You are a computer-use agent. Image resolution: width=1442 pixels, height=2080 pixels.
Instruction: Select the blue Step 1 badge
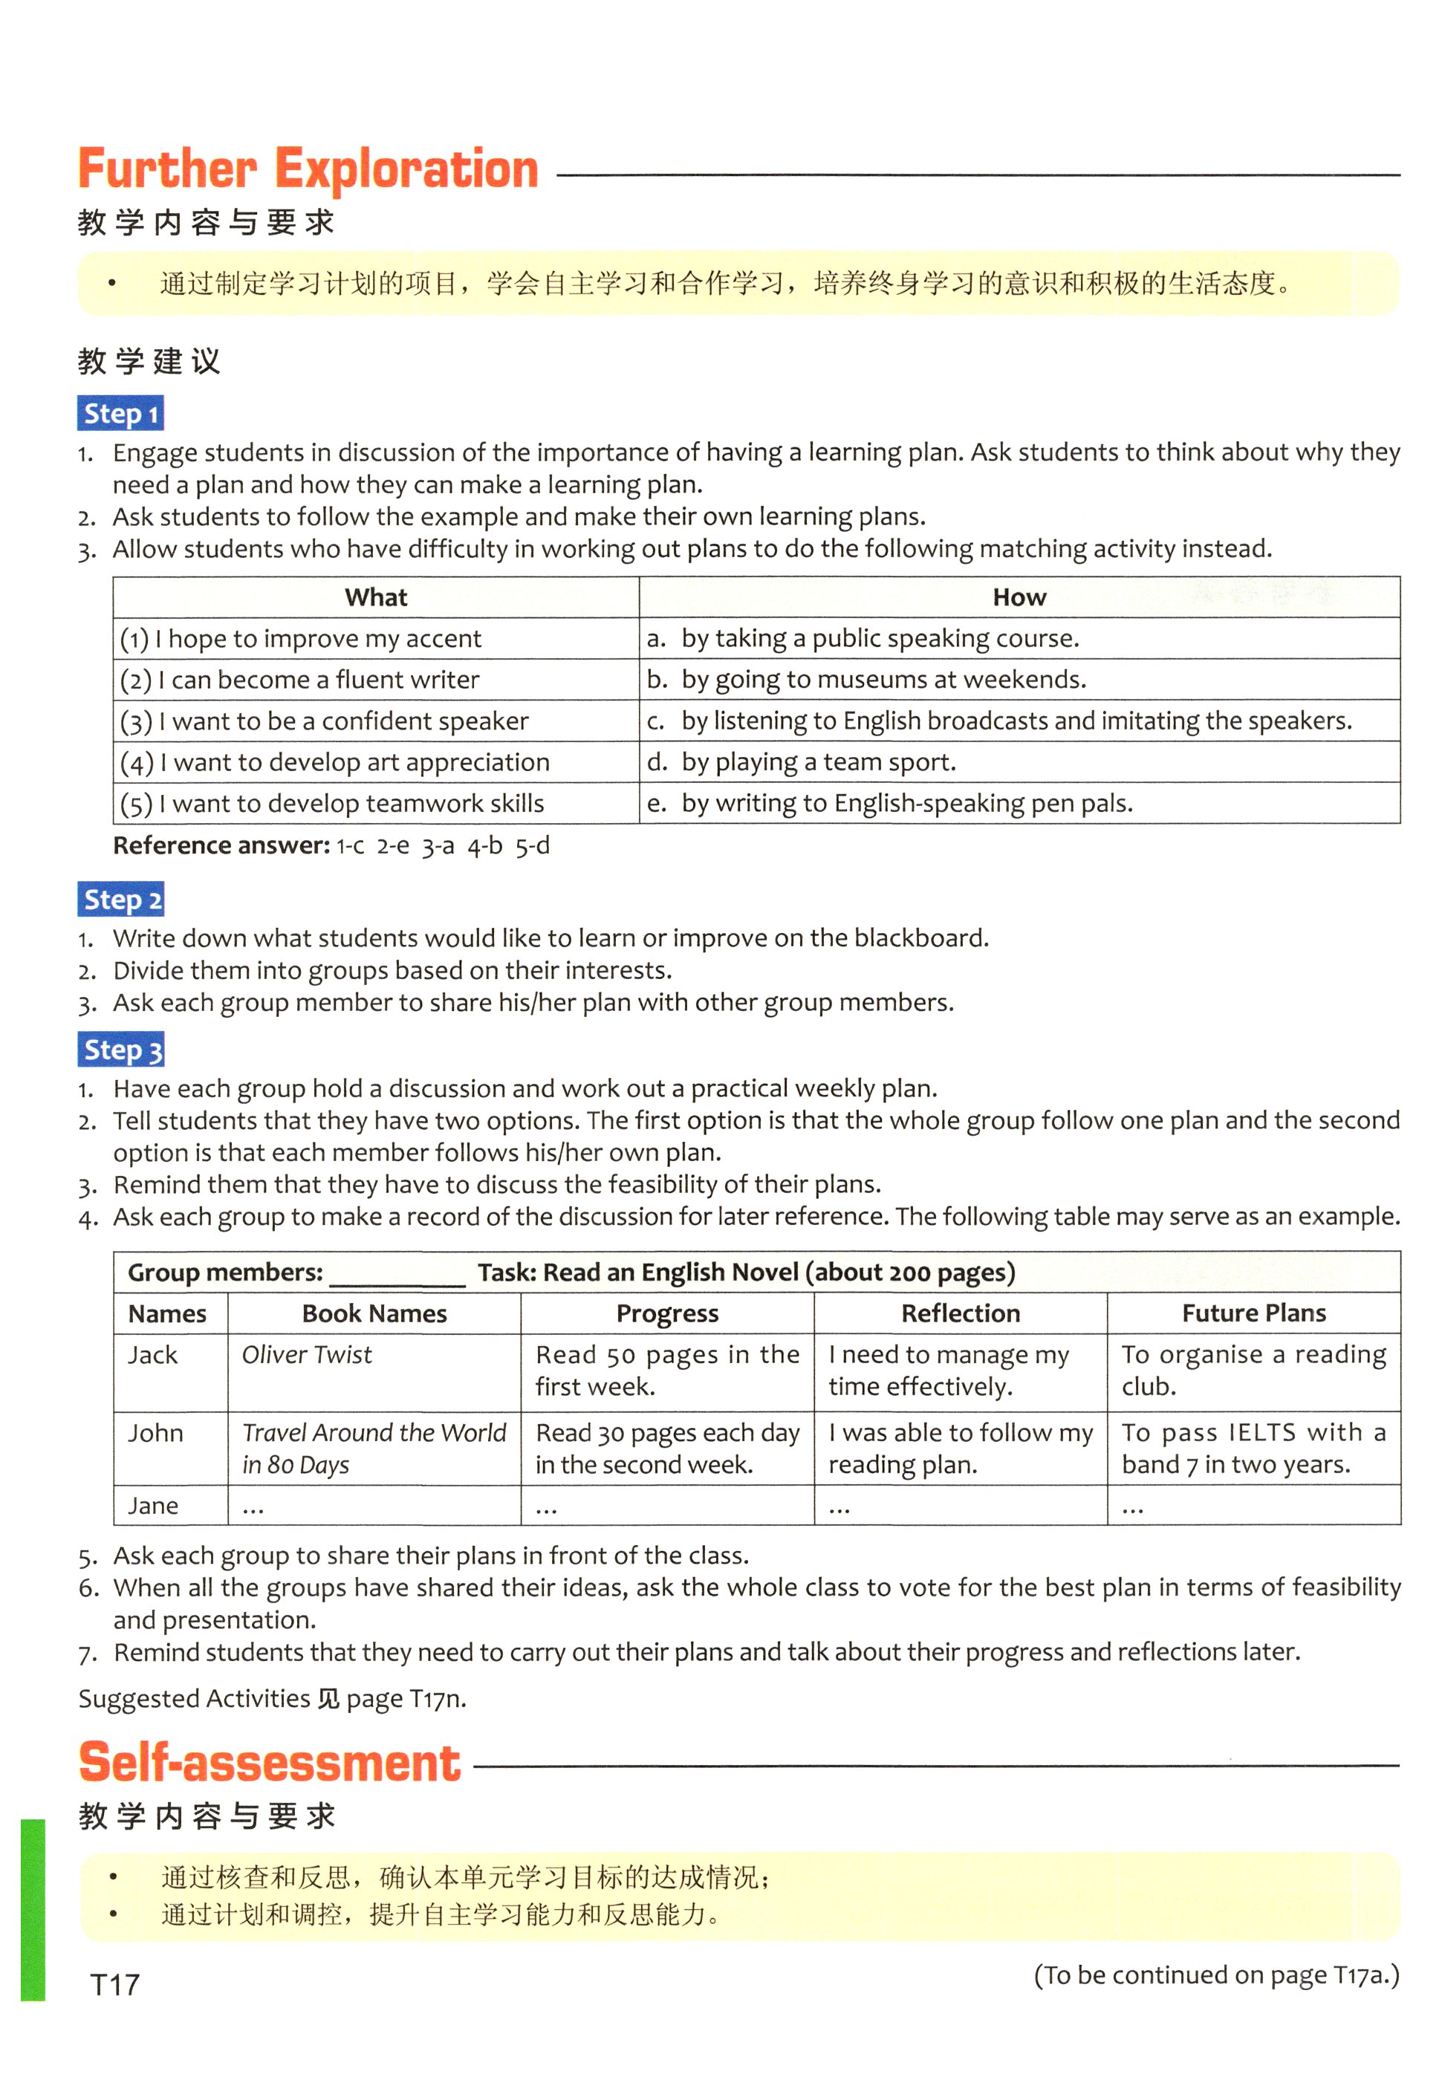120,414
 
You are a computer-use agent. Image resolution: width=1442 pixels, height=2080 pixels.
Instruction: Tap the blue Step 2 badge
121,900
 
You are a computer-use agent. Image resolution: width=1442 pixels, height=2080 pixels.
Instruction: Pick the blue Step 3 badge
121,1050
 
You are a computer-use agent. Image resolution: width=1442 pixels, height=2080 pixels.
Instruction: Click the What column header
376,597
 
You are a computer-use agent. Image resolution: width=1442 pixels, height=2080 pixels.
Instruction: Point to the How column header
1019,597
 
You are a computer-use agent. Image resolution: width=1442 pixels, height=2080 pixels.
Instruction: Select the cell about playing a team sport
819,762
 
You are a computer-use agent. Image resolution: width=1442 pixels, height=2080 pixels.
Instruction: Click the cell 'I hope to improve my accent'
301,639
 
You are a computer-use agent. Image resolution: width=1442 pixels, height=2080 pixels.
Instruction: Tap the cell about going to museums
883,679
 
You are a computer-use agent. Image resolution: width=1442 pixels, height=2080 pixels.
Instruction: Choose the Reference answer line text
331,845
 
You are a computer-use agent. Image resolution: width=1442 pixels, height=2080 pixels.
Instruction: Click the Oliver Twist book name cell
307,1355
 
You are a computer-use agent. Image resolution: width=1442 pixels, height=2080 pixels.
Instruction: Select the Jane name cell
153,1506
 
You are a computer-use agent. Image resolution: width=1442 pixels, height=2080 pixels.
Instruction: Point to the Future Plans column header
1254,1313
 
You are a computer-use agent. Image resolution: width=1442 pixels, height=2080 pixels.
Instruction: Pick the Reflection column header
961,1313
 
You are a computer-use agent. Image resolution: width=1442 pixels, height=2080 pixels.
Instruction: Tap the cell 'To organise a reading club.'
1253,1370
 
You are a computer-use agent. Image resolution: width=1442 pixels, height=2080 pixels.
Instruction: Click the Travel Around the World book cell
374,1448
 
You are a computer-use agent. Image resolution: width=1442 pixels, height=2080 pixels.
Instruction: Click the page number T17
116,1985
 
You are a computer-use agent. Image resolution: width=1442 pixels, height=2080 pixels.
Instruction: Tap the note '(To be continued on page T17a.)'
1216,1975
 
